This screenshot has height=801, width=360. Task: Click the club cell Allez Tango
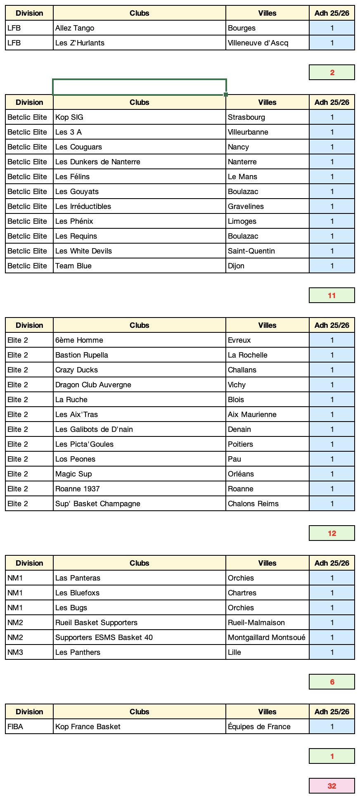[139, 28]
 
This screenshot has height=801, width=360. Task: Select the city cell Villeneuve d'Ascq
[267, 43]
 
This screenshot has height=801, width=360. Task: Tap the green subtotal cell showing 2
[332, 73]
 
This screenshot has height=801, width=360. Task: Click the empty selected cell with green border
[139, 87]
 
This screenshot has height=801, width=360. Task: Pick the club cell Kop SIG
[139, 117]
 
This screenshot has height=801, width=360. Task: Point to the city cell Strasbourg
[267, 117]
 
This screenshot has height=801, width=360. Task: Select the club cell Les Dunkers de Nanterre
[139, 162]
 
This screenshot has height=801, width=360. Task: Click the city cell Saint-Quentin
[267, 251]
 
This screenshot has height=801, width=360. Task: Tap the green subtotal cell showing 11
[332, 296]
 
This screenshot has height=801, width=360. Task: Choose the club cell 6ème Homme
[139, 340]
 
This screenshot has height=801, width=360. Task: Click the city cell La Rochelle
[267, 355]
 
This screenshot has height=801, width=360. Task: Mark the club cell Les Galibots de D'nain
[139, 429]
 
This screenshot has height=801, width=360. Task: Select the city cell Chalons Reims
[267, 504]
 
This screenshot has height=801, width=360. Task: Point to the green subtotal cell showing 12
[332, 533]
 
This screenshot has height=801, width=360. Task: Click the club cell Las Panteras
[139, 578]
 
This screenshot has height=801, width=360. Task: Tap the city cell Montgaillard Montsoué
[267, 637]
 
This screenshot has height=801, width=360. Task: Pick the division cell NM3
[29, 652]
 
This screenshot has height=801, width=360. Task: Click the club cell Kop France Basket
[139, 727]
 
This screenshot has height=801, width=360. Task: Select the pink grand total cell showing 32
[332, 786]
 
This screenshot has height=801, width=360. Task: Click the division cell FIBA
[29, 727]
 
